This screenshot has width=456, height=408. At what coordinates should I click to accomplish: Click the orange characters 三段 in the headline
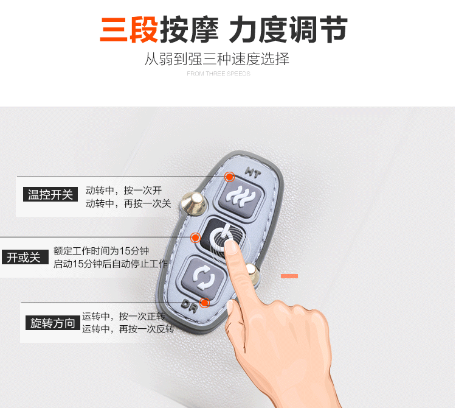(x=129, y=29)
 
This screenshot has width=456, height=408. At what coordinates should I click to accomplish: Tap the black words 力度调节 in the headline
(x=288, y=29)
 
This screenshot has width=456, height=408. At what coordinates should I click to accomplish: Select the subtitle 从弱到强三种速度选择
(x=217, y=59)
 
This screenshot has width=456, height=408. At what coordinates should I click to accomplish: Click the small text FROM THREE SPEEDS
(x=218, y=74)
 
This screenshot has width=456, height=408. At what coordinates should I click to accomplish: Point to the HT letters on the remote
(x=253, y=172)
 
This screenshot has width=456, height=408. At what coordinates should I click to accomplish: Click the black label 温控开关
(x=50, y=194)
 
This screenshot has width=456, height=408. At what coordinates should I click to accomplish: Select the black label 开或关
(x=25, y=257)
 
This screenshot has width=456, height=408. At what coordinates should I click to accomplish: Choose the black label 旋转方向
(x=53, y=323)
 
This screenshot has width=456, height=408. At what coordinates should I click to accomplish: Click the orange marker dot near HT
(x=229, y=177)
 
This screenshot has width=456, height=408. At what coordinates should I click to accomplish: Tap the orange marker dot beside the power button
(x=195, y=237)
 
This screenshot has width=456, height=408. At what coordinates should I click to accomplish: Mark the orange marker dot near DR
(x=204, y=303)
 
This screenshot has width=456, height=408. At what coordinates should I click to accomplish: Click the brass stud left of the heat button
(x=193, y=203)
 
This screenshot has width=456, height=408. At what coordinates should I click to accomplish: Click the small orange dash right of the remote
(x=289, y=276)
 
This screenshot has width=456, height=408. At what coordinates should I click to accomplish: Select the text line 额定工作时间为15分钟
(x=101, y=250)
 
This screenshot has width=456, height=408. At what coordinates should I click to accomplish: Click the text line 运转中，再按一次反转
(x=128, y=329)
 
